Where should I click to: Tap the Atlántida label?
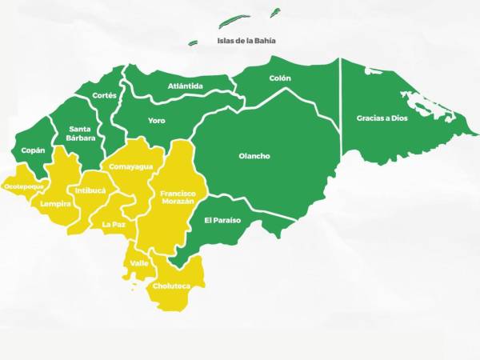tap(186, 86)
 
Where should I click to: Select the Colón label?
tap(280, 78)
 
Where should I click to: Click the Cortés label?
tap(105, 95)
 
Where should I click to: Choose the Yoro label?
tap(157, 121)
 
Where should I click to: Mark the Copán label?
tap(33, 150)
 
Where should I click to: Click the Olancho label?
tap(254, 156)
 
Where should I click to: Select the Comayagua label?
tap(126, 167)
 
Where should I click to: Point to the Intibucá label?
tap(90, 191)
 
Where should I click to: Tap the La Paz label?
tap(114, 225)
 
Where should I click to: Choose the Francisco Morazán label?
tap(177, 198)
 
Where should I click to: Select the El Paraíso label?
tap(222, 220)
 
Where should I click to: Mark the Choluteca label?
tap(171, 286)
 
